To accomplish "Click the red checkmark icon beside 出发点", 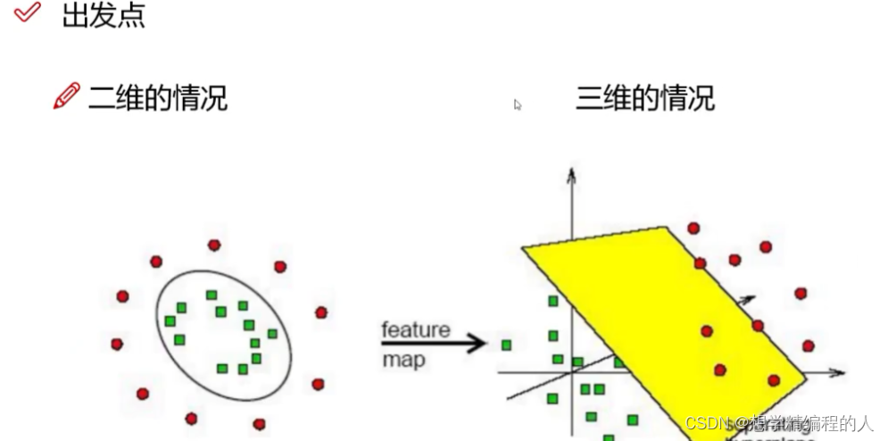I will pyautogui.click(x=29, y=12).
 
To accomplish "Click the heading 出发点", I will pyautogui.click(x=104, y=15).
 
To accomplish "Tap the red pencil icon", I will pyautogui.click(x=67, y=96).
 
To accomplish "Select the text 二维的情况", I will pyautogui.click(x=158, y=96).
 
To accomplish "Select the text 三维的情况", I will pyautogui.click(x=644, y=96).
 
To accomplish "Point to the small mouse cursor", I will pyautogui.click(x=518, y=105).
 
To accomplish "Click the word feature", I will pyautogui.click(x=416, y=330).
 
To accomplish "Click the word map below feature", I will pyautogui.click(x=403, y=361).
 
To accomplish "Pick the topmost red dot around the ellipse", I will pyautogui.click(x=214, y=245).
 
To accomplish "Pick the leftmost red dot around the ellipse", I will pyautogui.click(x=117, y=344).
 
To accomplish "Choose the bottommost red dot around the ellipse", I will pyautogui.click(x=259, y=424).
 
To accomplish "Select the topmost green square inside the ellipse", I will pyautogui.click(x=212, y=295).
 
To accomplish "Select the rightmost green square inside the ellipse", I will pyautogui.click(x=272, y=334).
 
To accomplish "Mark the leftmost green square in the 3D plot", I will pyautogui.click(x=507, y=345).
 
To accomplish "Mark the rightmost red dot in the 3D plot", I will pyautogui.click(x=808, y=345).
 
